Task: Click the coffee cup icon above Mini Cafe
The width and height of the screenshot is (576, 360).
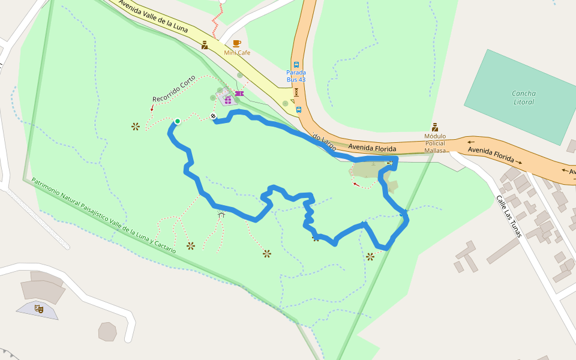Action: (237, 43)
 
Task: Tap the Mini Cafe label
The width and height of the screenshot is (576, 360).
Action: (237, 53)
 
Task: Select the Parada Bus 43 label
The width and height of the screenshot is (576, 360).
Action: (296, 76)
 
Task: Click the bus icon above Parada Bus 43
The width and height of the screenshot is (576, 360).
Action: (296, 64)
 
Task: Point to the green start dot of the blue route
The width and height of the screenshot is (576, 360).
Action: (178, 121)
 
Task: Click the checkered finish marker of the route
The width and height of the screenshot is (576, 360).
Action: (213, 116)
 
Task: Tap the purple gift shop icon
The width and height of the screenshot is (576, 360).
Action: (228, 100)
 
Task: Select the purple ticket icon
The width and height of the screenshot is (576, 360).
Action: (239, 94)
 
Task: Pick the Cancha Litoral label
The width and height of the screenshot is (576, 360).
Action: (524, 98)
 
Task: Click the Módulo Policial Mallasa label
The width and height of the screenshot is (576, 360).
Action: (435, 143)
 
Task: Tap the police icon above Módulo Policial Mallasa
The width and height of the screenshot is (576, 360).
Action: (435, 127)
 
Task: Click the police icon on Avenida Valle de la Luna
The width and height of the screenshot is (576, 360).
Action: (205, 45)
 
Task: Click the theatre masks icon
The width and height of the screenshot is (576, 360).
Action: (39, 309)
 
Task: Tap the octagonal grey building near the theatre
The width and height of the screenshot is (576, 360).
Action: (107, 331)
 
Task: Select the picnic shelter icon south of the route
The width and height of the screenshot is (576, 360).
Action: (221, 214)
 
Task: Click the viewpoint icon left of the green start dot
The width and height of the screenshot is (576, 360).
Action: (136, 126)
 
